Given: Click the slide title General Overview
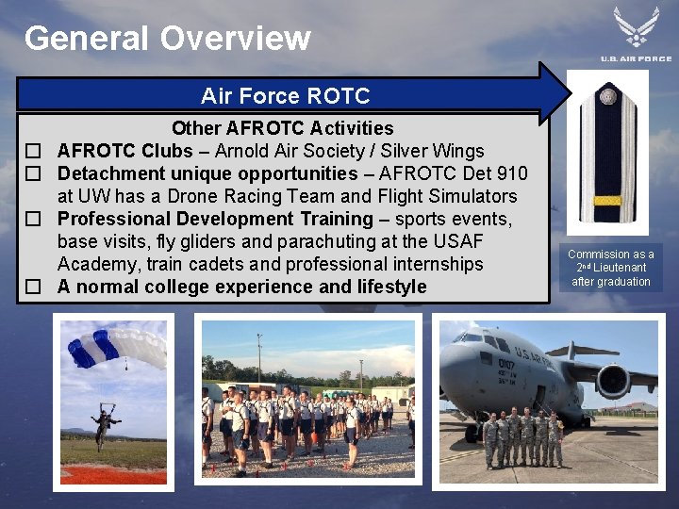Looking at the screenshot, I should [x=167, y=39].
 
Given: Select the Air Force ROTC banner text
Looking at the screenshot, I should [x=285, y=96].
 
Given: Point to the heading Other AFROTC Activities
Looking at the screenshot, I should [x=282, y=128].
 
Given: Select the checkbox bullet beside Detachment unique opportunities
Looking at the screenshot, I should [x=33, y=174].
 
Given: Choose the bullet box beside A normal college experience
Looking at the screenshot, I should [x=33, y=287].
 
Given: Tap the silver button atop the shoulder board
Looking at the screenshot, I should [x=608, y=96].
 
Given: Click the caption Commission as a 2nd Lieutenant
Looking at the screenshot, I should [x=611, y=268].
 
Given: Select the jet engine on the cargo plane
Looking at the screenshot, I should [x=613, y=381].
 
